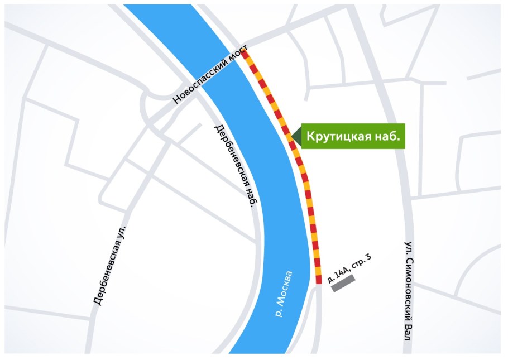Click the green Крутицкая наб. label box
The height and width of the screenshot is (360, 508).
tap(353, 136)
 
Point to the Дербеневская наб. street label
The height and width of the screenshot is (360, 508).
tap(235, 166)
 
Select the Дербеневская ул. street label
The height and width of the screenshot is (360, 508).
tap(109, 265)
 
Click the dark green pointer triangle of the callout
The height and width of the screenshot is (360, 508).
tap(294, 136)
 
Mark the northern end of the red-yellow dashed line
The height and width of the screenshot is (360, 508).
tap(244, 52)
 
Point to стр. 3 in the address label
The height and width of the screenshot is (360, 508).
tap(361, 261)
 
